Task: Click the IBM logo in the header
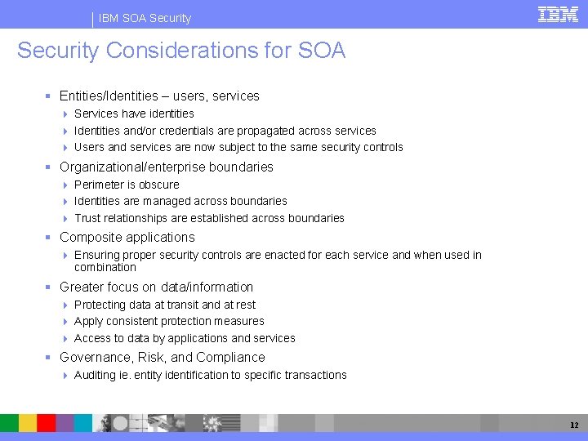pyautogui.click(x=558, y=14)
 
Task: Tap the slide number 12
pyautogui.click(x=575, y=425)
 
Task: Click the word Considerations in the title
pyautogui.click(x=167, y=51)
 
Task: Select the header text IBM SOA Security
pyautogui.click(x=145, y=18)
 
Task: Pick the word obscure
pyautogui.click(x=159, y=185)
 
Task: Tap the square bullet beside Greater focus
pyautogui.click(x=50, y=287)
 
